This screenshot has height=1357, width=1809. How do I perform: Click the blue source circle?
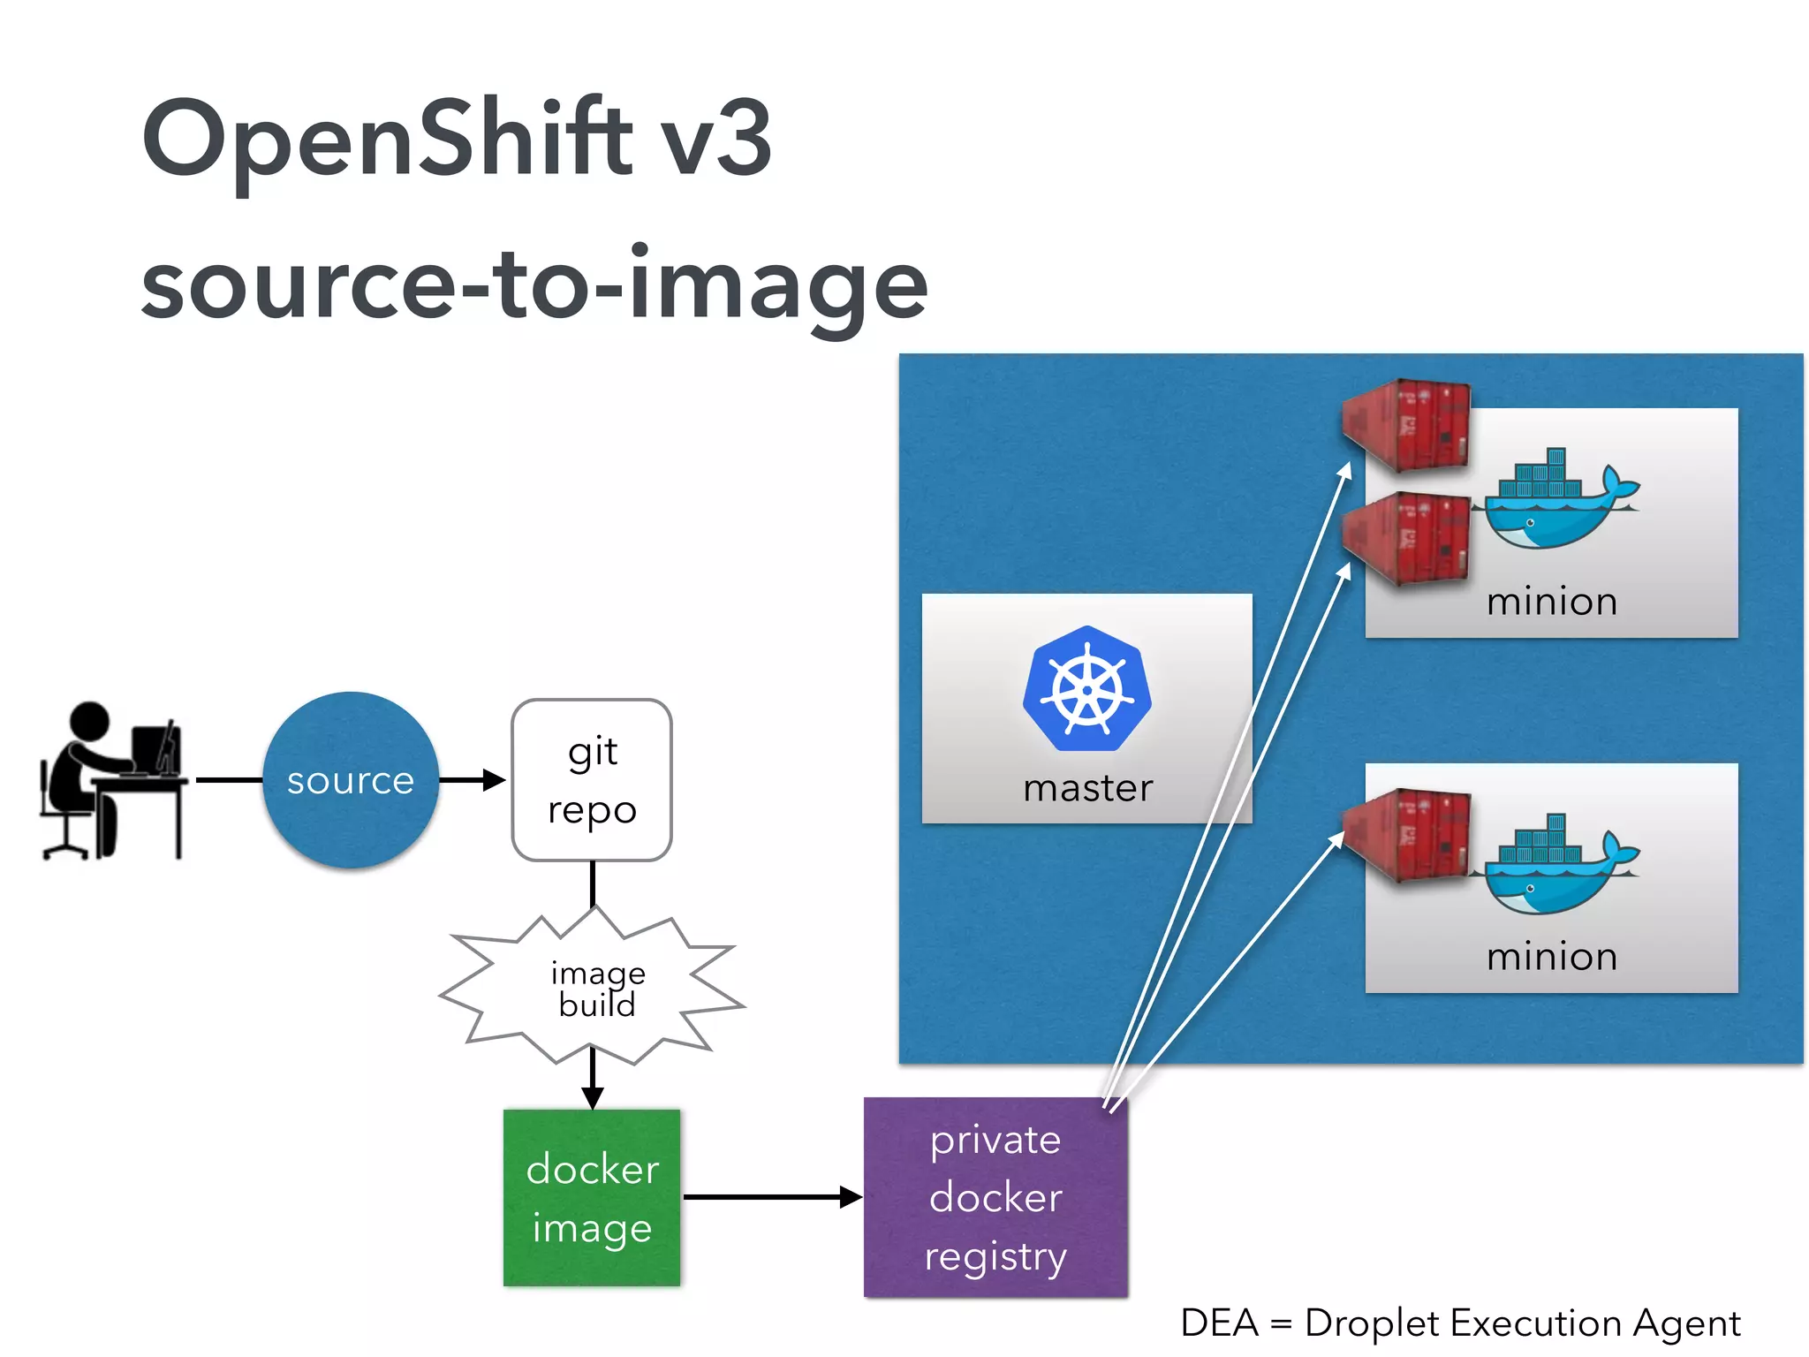351,780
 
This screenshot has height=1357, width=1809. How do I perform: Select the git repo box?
592,780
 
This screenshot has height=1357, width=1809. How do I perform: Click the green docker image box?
592,1197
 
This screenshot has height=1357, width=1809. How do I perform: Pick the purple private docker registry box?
995,1197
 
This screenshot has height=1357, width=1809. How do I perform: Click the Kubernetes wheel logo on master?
1087,689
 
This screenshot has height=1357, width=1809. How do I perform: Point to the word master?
1087,788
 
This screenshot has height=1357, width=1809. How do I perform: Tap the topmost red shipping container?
1406,424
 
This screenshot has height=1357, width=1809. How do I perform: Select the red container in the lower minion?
1406,835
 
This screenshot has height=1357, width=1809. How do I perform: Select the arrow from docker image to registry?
768,1197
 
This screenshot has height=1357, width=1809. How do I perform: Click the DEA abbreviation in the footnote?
1219,1323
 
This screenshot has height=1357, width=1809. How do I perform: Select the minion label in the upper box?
1551,602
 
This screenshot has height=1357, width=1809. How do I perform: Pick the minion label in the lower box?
1551,957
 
